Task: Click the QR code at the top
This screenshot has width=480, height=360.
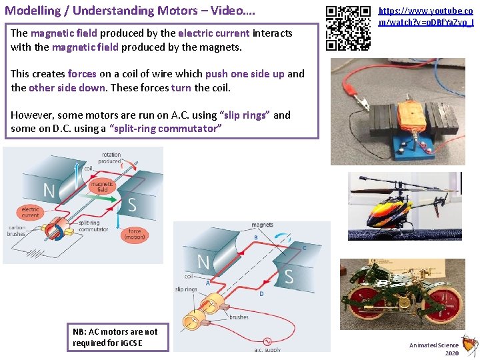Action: [x=348, y=28]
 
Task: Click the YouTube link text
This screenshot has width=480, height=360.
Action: [x=427, y=17]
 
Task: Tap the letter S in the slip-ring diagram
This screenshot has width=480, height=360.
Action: [x=289, y=276]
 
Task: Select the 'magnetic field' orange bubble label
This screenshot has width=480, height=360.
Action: [x=102, y=187]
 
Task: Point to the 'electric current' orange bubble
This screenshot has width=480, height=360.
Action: [x=31, y=212]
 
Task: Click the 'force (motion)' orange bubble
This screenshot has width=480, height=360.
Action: [x=135, y=235]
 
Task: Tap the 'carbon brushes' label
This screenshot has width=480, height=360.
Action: [x=17, y=231]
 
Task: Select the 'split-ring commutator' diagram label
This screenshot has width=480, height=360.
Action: [x=93, y=226]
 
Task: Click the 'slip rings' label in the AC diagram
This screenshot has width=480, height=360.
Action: [x=186, y=289]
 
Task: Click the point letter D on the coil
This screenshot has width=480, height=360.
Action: [x=261, y=293]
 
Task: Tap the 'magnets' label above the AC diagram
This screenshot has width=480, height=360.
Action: [x=263, y=225]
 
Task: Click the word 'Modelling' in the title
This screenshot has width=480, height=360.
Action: [x=33, y=11]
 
